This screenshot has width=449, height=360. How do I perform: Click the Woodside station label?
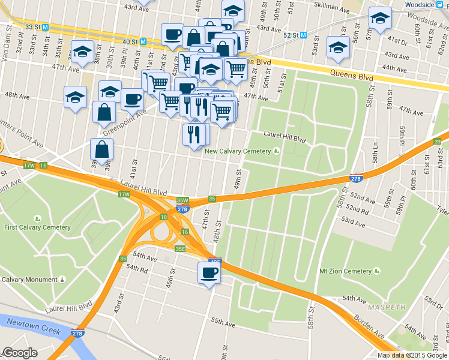pos(419,5)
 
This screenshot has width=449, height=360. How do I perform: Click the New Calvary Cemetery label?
pos(238,151)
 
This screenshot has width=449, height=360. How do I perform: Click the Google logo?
pos(20,353)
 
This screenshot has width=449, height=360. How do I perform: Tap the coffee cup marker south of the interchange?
pos(209,273)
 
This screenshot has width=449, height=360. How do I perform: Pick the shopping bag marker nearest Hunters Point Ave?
pos(102,150)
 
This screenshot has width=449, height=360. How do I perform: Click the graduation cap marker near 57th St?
pos(379,19)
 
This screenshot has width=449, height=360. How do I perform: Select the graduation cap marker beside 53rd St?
pos(338,47)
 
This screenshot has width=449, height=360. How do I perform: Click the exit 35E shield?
pos(180,248)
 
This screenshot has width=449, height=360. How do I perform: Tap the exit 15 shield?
pos(43,165)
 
